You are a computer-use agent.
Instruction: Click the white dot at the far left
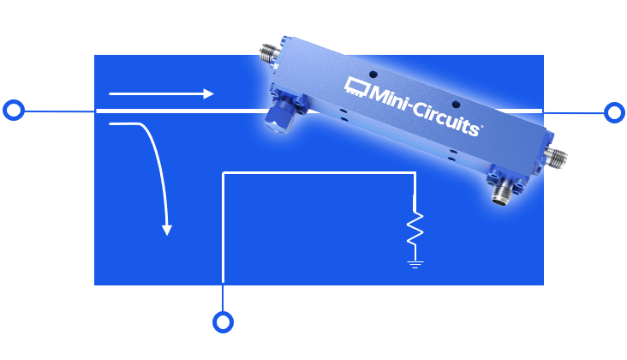pyautogui.click(x=14, y=110)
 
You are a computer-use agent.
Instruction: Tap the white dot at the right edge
pyautogui.click(x=614, y=112)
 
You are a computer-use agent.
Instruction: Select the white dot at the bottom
pyautogui.click(x=223, y=322)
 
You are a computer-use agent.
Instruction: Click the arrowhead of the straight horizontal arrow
pyautogui.click(x=208, y=93)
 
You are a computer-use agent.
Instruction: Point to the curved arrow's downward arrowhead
pyautogui.click(x=167, y=230)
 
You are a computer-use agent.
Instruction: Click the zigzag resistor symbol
pyautogui.click(x=415, y=228)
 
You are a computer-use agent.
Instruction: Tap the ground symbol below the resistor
pyautogui.click(x=415, y=264)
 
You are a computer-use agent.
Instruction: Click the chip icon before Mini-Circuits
pyautogui.click(x=355, y=85)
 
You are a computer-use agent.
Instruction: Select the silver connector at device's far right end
pyautogui.click(x=558, y=158)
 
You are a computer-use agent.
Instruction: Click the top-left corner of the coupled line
pyautogui.click(x=224, y=173)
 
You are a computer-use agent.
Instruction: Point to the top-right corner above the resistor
pyautogui.click(x=415, y=173)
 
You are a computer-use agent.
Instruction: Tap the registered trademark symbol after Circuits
pyautogui.click(x=481, y=128)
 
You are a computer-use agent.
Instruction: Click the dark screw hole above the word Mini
pyautogui.click(x=373, y=75)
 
